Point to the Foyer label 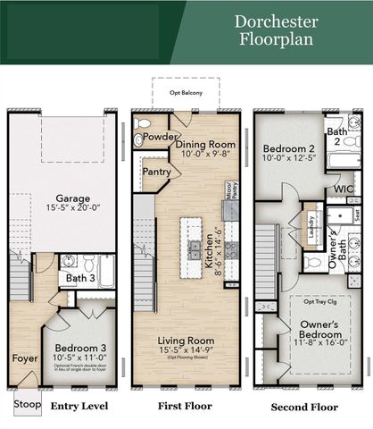pyautogui.click(x=25, y=359)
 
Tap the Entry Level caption pyautogui.click(x=79, y=407)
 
